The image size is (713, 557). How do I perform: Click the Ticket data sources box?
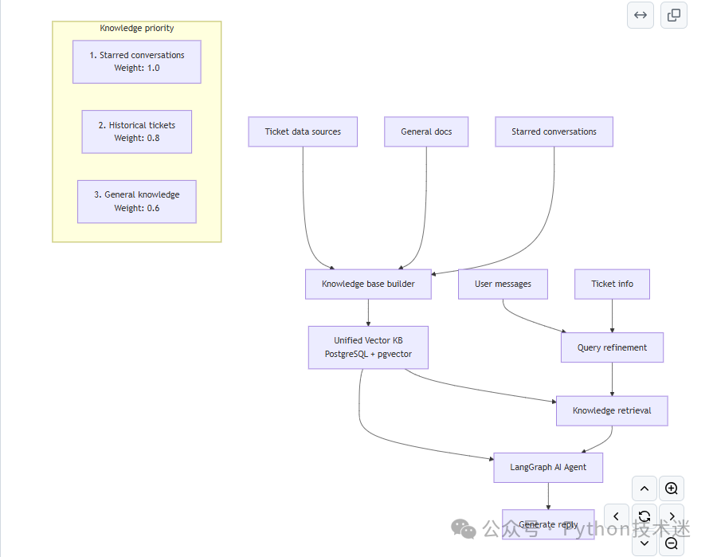303,131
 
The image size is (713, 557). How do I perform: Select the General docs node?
426,131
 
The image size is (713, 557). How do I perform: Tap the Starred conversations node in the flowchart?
554,131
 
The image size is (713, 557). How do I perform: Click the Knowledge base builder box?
368,284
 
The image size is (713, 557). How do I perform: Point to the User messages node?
503,284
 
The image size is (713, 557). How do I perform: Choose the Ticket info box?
612,284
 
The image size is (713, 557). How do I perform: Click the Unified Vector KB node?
368,347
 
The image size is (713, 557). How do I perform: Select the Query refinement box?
612,347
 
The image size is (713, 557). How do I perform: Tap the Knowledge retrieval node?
612,410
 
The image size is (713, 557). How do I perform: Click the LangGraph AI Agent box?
548,468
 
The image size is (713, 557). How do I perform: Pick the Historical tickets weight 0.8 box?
137,131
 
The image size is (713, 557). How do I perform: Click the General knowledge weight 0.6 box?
137,202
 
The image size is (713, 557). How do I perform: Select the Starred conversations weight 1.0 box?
137,62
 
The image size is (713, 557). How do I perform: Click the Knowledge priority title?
137,28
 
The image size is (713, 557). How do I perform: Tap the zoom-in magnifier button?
671,488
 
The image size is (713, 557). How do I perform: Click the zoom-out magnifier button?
671,543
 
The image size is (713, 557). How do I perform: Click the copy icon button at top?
674,15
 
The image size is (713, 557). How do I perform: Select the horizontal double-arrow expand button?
641,15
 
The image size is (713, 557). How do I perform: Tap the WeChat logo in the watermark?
464,529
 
